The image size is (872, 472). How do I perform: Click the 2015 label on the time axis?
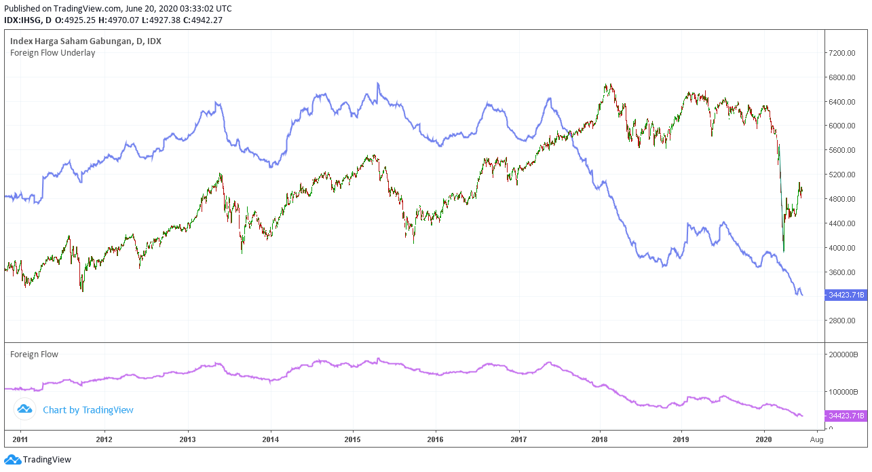pyautogui.click(x=353, y=440)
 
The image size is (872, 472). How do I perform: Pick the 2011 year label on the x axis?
pyautogui.click(x=20, y=440)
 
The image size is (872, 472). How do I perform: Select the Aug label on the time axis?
pyautogui.click(x=817, y=440)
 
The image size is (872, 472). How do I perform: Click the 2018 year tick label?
pyautogui.click(x=600, y=440)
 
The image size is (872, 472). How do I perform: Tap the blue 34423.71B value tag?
pyautogui.click(x=846, y=295)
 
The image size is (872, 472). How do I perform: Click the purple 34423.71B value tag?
pyautogui.click(x=846, y=416)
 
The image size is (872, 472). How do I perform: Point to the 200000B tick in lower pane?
pyautogui.click(x=845, y=355)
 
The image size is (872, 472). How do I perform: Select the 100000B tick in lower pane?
pyautogui.click(x=845, y=393)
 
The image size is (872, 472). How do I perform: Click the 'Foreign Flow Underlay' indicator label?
pyautogui.click(x=52, y=53)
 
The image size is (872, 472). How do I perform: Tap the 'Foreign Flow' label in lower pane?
pyautogui.click(x=34, y=355)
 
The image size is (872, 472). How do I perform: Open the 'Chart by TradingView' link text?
pyautogui.click(x=88, y=410)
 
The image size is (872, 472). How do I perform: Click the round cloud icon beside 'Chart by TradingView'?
pyautogui.click(x=25, y=410)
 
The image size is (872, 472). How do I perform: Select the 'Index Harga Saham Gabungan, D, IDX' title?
pyautogui.click(x=86, y=41)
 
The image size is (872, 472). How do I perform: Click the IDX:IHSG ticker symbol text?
pyautogui.click(x=24, y=20)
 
